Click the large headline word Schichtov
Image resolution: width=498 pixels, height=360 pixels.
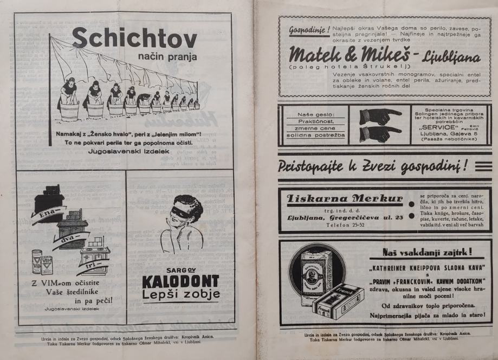pos(134,38)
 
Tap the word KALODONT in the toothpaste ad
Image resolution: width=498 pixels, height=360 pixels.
pos(180,281)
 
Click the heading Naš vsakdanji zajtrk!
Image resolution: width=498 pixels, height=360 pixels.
pos(428,252)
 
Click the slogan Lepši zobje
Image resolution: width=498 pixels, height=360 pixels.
pos(180,294)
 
